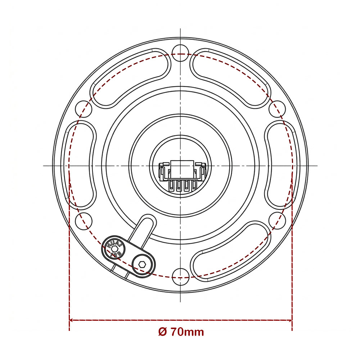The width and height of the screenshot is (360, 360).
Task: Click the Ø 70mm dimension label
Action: coord(181,332)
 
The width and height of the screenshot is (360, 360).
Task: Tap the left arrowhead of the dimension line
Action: coord(71,320)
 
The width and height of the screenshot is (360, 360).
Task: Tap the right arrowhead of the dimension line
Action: coord(290,320)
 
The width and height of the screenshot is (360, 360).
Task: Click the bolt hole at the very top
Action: coord(180,51)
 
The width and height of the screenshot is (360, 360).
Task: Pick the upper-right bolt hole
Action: coord(277,109)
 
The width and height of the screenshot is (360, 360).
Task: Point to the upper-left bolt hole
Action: coord(84,109)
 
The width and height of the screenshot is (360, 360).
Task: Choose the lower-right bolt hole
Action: coord(277,220)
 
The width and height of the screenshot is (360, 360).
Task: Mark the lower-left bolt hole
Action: coord(84,220)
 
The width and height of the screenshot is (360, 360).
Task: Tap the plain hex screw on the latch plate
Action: coord(142,265)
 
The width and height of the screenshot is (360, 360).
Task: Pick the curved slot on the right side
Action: coord(282,165)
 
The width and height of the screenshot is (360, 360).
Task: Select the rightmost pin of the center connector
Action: coord(194,185)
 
